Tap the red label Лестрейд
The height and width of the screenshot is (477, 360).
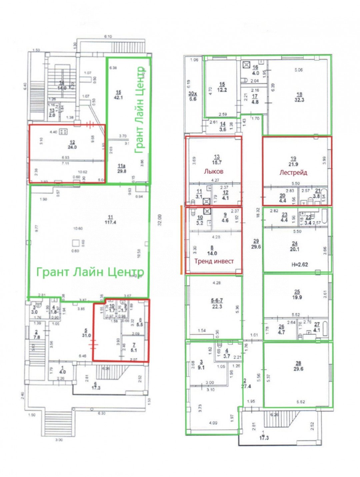coord(293,172)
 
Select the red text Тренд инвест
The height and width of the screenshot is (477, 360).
coord(214,261)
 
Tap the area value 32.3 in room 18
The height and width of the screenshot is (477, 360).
coord(299,100)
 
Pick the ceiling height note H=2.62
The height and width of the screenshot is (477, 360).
coord(297,265)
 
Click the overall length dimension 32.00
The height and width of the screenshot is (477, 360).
coord(160,220)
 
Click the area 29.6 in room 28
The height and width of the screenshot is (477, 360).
coord(298,369)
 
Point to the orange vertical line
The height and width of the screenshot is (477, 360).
coord(181,240)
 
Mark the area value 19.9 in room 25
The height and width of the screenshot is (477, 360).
coord(297,297)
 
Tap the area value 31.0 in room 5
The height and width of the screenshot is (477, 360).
coord(86,335)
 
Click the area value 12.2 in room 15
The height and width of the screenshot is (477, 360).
coord(222,90)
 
